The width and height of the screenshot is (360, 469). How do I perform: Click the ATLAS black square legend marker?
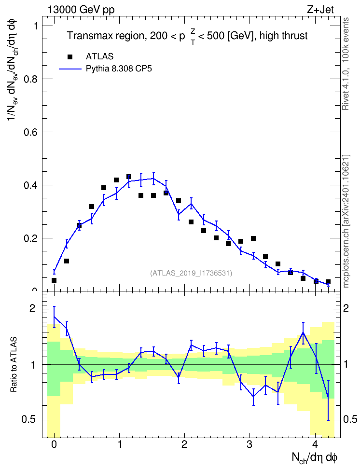tap(70, 57)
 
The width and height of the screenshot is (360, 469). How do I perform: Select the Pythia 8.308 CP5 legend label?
tap(119, 69)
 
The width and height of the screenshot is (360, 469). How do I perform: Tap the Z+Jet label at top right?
tap(320, 10)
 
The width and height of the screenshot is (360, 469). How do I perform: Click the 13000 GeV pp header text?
tap(81, 10)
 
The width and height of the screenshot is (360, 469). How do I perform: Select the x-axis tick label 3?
tap(249, 444)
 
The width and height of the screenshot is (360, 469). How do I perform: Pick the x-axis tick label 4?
tap(315, 444)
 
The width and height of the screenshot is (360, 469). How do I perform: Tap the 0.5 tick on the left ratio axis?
tap(29, 420)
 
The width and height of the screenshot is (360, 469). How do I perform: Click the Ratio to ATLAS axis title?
tap(14, 365)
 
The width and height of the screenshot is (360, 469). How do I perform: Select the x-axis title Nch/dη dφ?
tap(315, 458)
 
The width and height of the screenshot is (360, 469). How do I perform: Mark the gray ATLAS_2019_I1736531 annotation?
tap(191, 273)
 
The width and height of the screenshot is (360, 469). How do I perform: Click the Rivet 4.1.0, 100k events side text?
tap(346, 64)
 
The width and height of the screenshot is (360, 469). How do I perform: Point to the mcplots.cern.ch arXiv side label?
tap(346, 221)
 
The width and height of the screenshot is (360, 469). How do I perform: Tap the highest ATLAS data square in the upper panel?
tap(129, 177)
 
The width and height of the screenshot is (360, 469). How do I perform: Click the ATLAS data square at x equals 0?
tap(54, 280)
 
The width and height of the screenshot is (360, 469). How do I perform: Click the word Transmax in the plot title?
tap(85, 36)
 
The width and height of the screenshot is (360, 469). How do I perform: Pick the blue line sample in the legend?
tap(70, 69)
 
